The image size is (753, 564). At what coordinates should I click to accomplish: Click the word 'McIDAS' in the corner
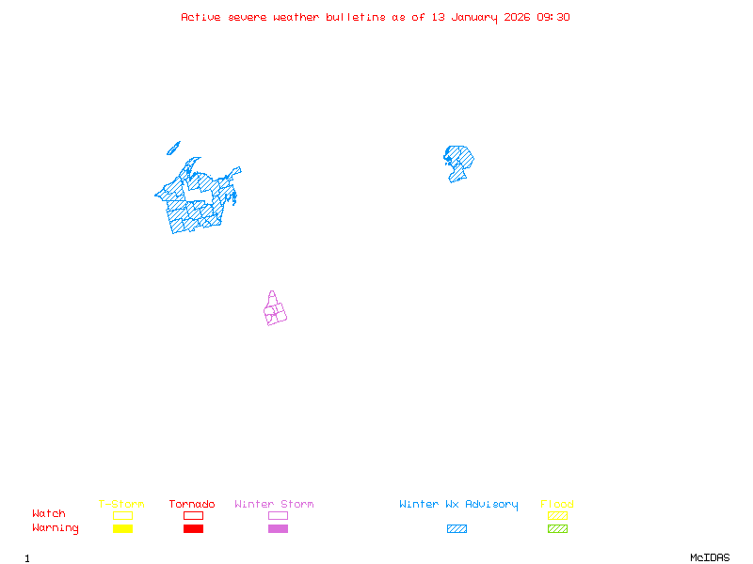(x=710, y=557)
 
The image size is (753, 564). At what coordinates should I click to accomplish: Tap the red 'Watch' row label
(x=49, y=513)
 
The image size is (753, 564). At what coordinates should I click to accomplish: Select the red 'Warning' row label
(x=56, y=528)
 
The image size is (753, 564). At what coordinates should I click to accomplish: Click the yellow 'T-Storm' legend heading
(x=121, y=504)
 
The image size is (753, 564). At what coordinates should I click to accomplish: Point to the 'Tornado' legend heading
(x=192, y=504)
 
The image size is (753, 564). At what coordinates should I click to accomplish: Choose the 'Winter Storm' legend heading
(x=274, y=504)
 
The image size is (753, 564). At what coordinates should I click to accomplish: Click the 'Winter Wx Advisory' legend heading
(x=458, y=505)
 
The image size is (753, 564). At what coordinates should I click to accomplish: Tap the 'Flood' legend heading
(x=557, y=504)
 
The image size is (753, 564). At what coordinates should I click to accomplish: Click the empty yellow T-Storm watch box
(x=123, y=515)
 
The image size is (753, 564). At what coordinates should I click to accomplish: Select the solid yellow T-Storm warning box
(x=123, y=528)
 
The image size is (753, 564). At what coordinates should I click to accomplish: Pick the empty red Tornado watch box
(x=194, y=515)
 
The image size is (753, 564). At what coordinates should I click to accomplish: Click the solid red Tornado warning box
(x=194, y=528)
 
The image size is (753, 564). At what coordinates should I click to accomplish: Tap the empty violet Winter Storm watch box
(x=278, y=515)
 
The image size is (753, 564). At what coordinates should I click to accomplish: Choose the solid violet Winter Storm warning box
(x=278, y=528)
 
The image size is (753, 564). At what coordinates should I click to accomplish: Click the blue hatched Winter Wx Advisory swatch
(x=457, y=528)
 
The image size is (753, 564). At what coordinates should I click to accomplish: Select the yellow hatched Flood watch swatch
(x=557, y=515)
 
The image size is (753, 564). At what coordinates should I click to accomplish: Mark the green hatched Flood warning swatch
(x=557, y=528)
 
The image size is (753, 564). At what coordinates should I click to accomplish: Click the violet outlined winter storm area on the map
(x=275, y=308)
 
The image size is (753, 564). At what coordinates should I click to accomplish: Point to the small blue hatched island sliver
(x=173, y=149)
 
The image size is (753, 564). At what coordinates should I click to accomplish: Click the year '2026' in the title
(x=517, y=17)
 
